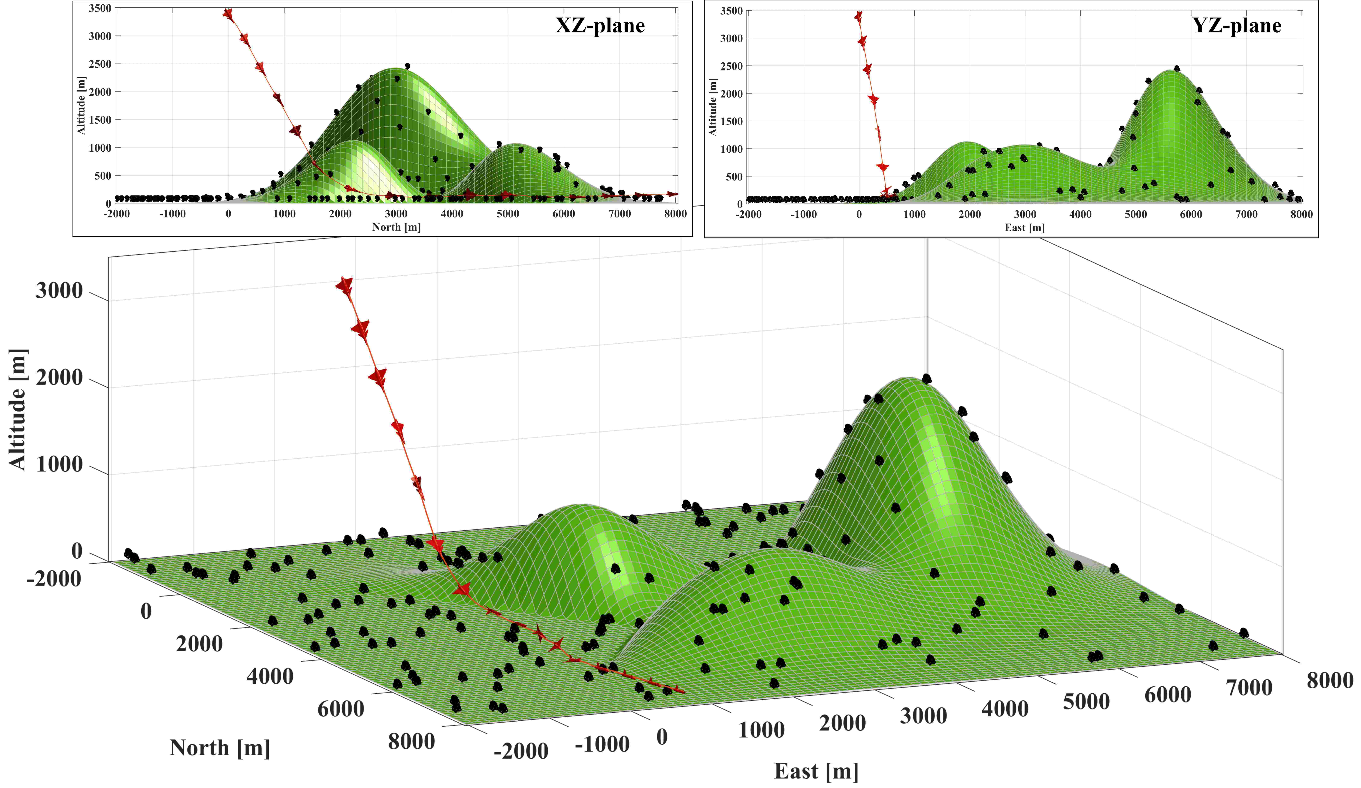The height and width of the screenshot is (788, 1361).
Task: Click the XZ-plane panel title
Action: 600,25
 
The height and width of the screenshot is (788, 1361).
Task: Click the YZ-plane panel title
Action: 1236,25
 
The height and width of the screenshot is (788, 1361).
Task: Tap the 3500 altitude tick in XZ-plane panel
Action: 100,8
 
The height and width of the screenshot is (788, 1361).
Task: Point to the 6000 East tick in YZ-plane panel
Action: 1191,214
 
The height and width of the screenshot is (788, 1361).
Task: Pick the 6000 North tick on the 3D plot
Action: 340,709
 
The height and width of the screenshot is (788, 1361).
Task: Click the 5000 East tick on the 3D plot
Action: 1086,702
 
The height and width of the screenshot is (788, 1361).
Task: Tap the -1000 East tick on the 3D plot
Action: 602,744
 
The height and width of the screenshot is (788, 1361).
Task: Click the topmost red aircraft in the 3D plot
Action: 344,286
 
